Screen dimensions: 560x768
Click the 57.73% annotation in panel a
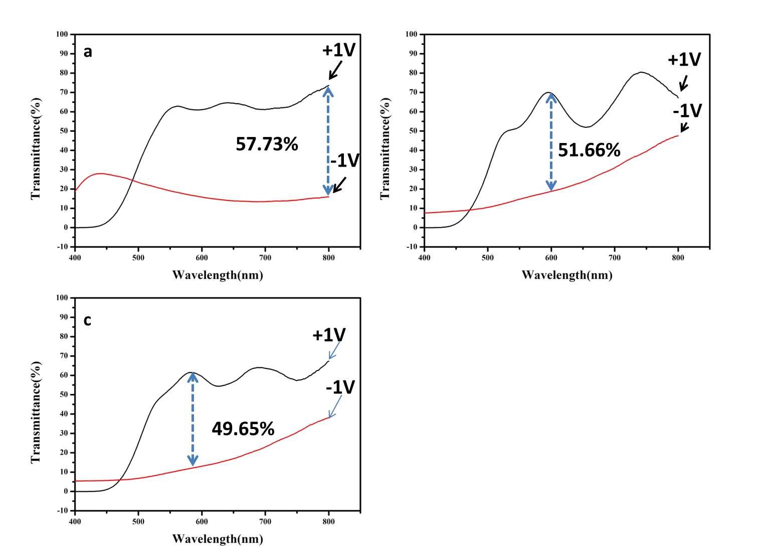point(267,145)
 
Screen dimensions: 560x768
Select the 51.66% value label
point(589,150)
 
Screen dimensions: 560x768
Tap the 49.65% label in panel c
point(243,429)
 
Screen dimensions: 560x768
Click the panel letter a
point(88,52)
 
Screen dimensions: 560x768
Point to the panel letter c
point(87,320)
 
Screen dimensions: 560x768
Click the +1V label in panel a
point(339,50)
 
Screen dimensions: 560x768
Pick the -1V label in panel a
point(345,161)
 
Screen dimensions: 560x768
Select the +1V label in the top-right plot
point(684,60)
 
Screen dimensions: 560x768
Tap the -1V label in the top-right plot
point(687,110)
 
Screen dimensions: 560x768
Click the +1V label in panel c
point(329,335)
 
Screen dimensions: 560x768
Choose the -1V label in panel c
point(340,387)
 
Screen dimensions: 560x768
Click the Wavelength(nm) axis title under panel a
point(218,275)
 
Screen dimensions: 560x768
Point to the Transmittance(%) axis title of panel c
point(36,412)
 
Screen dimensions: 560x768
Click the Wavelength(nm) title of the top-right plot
point(567,275)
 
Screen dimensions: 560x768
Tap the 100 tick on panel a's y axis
point(62,34)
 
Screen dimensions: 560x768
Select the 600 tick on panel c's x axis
point(202,521)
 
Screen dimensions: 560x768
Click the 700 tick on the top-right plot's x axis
point(615,258)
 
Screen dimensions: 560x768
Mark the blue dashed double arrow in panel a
point(328,141)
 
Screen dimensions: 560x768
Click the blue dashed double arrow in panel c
point(193,419)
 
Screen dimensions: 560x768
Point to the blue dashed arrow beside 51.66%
point(551,142)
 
